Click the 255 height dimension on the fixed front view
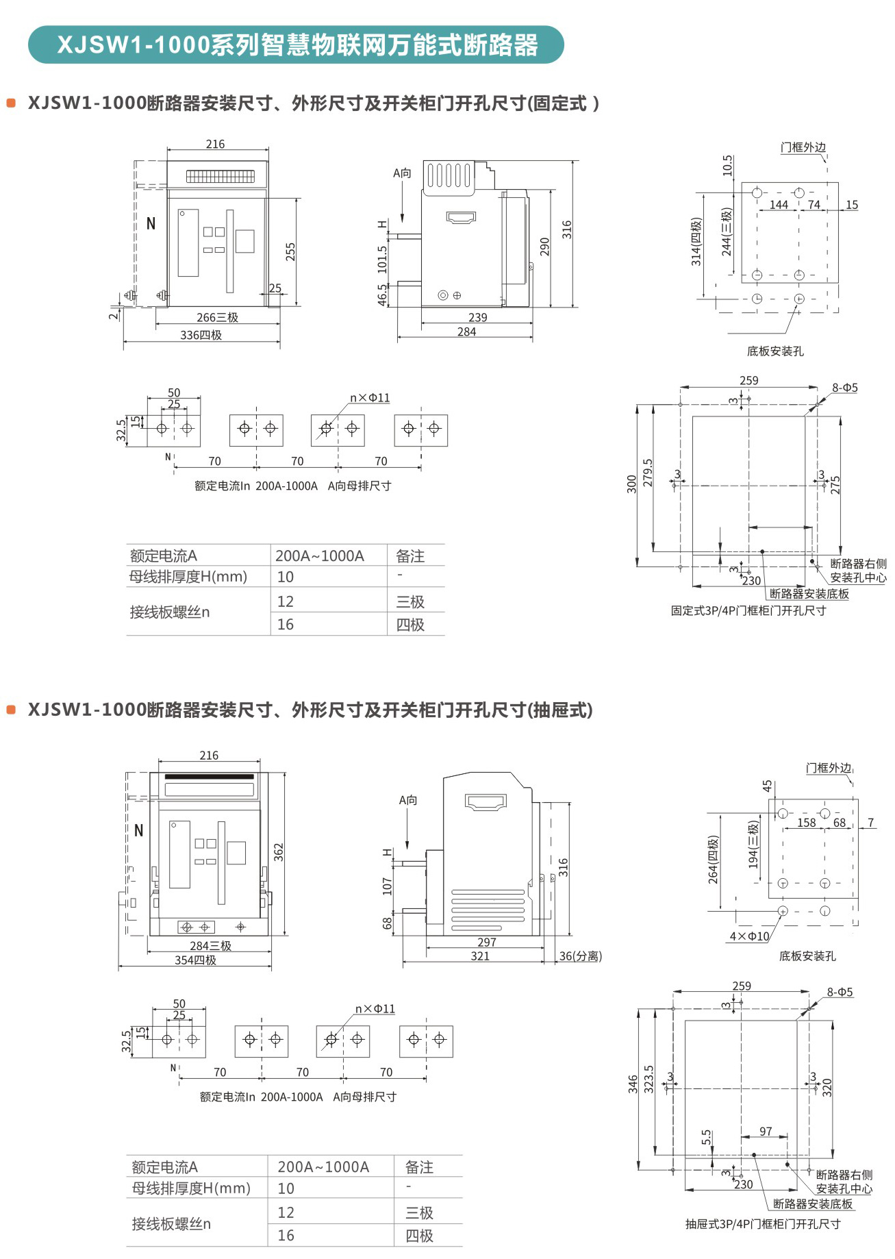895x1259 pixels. [290, 251]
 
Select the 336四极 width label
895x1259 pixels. [201, 335]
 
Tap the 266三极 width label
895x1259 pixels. [217, 317]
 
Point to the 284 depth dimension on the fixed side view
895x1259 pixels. [466, 332]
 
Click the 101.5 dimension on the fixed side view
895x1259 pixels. [382, 260]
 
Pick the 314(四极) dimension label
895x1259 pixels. [696, 242]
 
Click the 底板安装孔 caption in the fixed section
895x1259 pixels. [775, 351]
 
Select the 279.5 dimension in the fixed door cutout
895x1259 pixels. [648, 473]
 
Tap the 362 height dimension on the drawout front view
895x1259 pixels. [278, 851]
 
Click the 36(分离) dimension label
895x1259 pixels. [581, 956]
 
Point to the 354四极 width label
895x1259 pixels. [195, 960]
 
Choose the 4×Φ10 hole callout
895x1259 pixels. [749, 936]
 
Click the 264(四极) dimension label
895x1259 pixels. [714, 859]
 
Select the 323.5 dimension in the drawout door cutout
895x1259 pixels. [648, 1078]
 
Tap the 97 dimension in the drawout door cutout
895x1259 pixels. [766, 1131]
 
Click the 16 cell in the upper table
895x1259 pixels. [286, 624]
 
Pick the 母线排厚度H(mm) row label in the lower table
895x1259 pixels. [191, 1188]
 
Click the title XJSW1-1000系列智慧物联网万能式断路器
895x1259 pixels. [297, 45]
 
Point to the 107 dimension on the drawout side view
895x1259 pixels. [388, 886]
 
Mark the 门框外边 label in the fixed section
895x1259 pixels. [803, 147]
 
